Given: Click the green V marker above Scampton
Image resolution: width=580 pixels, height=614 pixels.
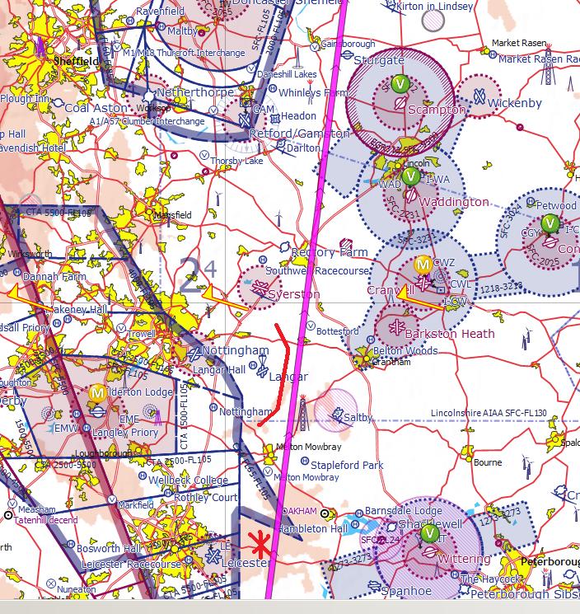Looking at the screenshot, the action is [400, 83].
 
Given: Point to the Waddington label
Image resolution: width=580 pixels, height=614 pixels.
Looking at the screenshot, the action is [454, 202].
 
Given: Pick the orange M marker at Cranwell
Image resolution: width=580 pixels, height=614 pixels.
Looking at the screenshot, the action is [423, 264].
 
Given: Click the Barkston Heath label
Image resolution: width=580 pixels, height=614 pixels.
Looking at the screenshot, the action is [456, 334].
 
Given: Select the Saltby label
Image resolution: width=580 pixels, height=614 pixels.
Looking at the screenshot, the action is [358, 418].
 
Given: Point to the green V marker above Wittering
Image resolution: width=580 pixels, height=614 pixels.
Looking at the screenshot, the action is [428, 534].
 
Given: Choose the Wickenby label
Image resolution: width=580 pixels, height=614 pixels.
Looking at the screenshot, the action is [515, 103].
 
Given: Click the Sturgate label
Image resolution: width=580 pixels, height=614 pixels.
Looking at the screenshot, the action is [379, 60].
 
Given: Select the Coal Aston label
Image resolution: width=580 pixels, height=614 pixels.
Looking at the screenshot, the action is [96, 108].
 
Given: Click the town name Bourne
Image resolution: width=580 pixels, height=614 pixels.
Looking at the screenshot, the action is [488, 462].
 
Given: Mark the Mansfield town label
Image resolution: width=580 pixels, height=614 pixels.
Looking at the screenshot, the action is [173, 215].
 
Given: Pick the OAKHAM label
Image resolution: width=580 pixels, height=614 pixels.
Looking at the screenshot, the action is [299, 511].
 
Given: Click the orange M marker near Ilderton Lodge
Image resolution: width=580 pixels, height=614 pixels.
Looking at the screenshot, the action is [97, 392].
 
